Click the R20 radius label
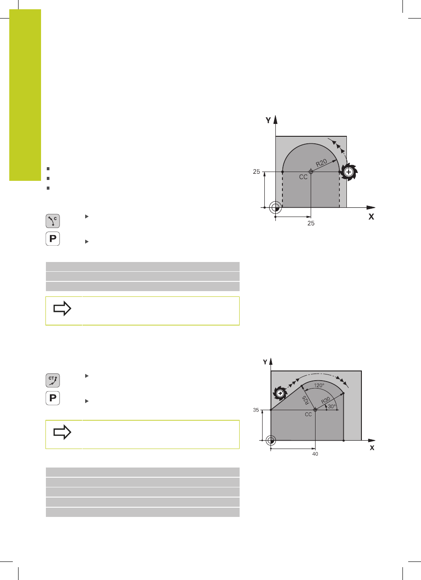[x=321, y=163]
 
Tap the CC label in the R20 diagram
[x=303, y=177]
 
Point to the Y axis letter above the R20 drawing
[x=268, y=120]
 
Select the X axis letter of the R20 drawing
[x=371, y=217]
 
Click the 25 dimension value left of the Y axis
[x=256, y=172]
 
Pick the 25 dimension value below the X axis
[x=311, y=223]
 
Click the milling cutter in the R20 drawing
[x=349, y=172]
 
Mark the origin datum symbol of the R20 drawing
[x=275, y=208]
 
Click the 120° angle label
[x=319, y=385]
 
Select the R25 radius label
[x=306, y=400]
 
